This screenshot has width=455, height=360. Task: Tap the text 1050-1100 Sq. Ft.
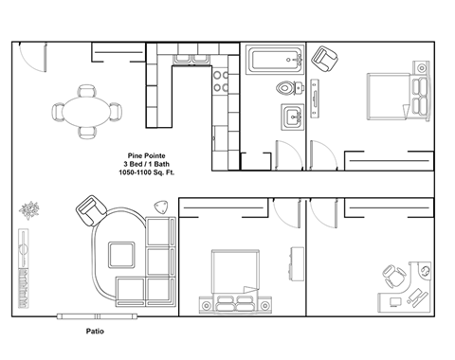(x=144, y=173)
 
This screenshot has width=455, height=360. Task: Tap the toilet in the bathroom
(x=286, y=90)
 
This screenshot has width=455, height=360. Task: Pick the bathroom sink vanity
(x=289, y=119)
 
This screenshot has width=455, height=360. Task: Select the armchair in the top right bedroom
(x=327, y=60)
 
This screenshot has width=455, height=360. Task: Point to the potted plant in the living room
(x=31, y=209)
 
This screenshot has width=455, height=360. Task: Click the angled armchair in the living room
(x=92, y=208)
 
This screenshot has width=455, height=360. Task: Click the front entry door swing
(x=33, y=60)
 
